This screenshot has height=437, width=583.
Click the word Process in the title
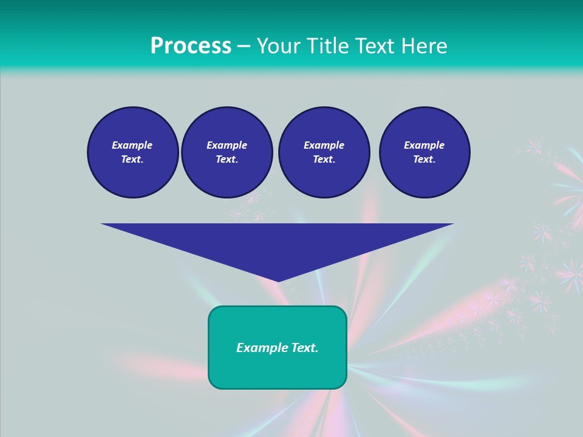click(191, 46)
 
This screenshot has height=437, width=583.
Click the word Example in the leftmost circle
click(132, 145)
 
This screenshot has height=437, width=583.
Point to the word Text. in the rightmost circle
click(424, 160)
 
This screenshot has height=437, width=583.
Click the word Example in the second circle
click(227, 145)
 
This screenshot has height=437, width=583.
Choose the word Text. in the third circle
click(324, 160)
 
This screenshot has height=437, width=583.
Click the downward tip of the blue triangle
click(278, 280)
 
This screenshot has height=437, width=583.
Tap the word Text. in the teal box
click(304, 348)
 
